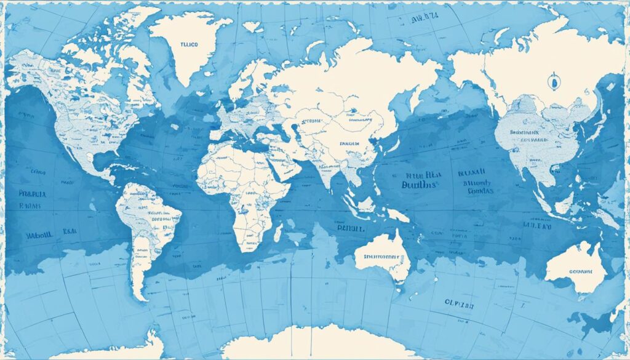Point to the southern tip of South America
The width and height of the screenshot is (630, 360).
click(x=142, y=298)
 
